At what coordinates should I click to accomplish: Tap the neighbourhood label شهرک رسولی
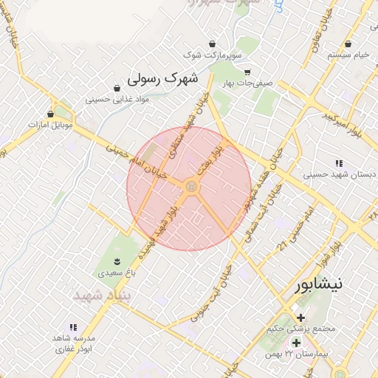[x=163, y=78]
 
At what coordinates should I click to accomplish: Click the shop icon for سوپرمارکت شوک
[x=213, y=44]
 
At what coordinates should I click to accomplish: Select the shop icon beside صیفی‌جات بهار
[x=247, y=72]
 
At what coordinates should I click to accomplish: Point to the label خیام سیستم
[x=349, y=55]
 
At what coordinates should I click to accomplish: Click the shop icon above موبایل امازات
[x=51, y=114]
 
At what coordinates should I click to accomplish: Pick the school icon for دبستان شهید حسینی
[x=339, y=163]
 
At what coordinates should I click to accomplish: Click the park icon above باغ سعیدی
[x=117, y=261]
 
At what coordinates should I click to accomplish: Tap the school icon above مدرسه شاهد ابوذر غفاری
[x=72, y=326]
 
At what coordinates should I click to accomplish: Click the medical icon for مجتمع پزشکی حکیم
[x=300, y=317]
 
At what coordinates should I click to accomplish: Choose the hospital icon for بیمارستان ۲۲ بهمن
[x=296, y=343]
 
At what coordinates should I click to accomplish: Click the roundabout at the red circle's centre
[x=190, y=188]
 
